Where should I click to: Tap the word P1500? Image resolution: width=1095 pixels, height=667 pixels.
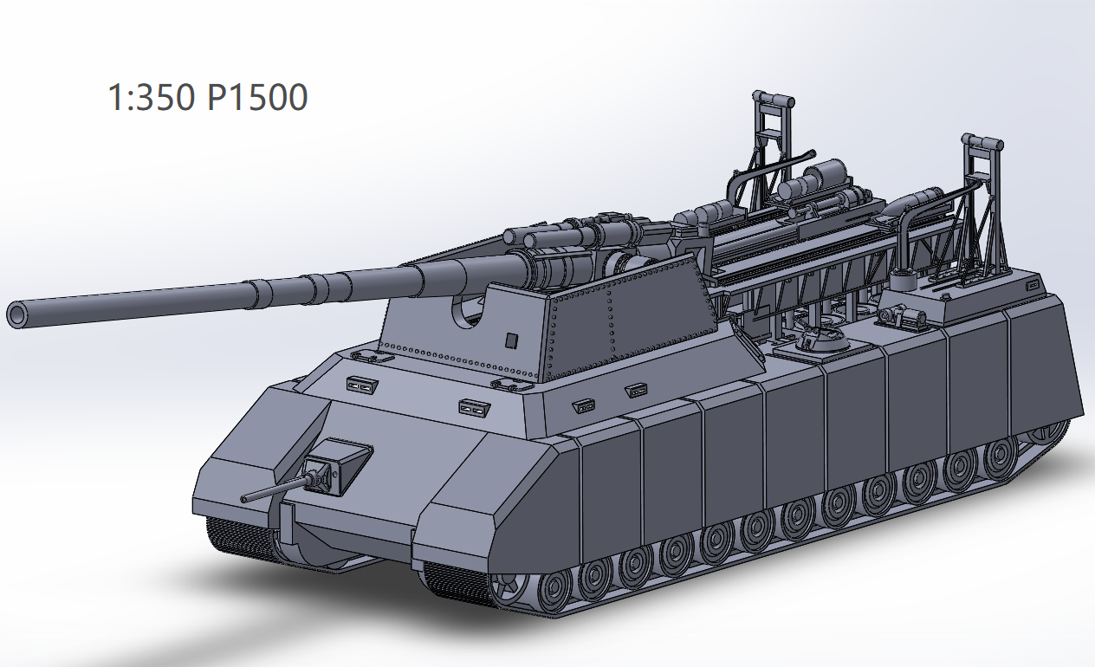pos(257,98)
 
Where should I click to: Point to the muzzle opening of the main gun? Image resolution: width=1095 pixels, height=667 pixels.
pos(18,314)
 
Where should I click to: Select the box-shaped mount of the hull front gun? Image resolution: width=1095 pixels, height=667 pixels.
pos(338,464)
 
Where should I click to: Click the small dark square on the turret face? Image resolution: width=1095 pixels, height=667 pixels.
pos(512,339)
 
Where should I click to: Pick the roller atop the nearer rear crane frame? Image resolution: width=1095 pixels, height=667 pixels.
pos(982,142)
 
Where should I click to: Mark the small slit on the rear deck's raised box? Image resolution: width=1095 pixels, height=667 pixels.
pos(1032,285)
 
